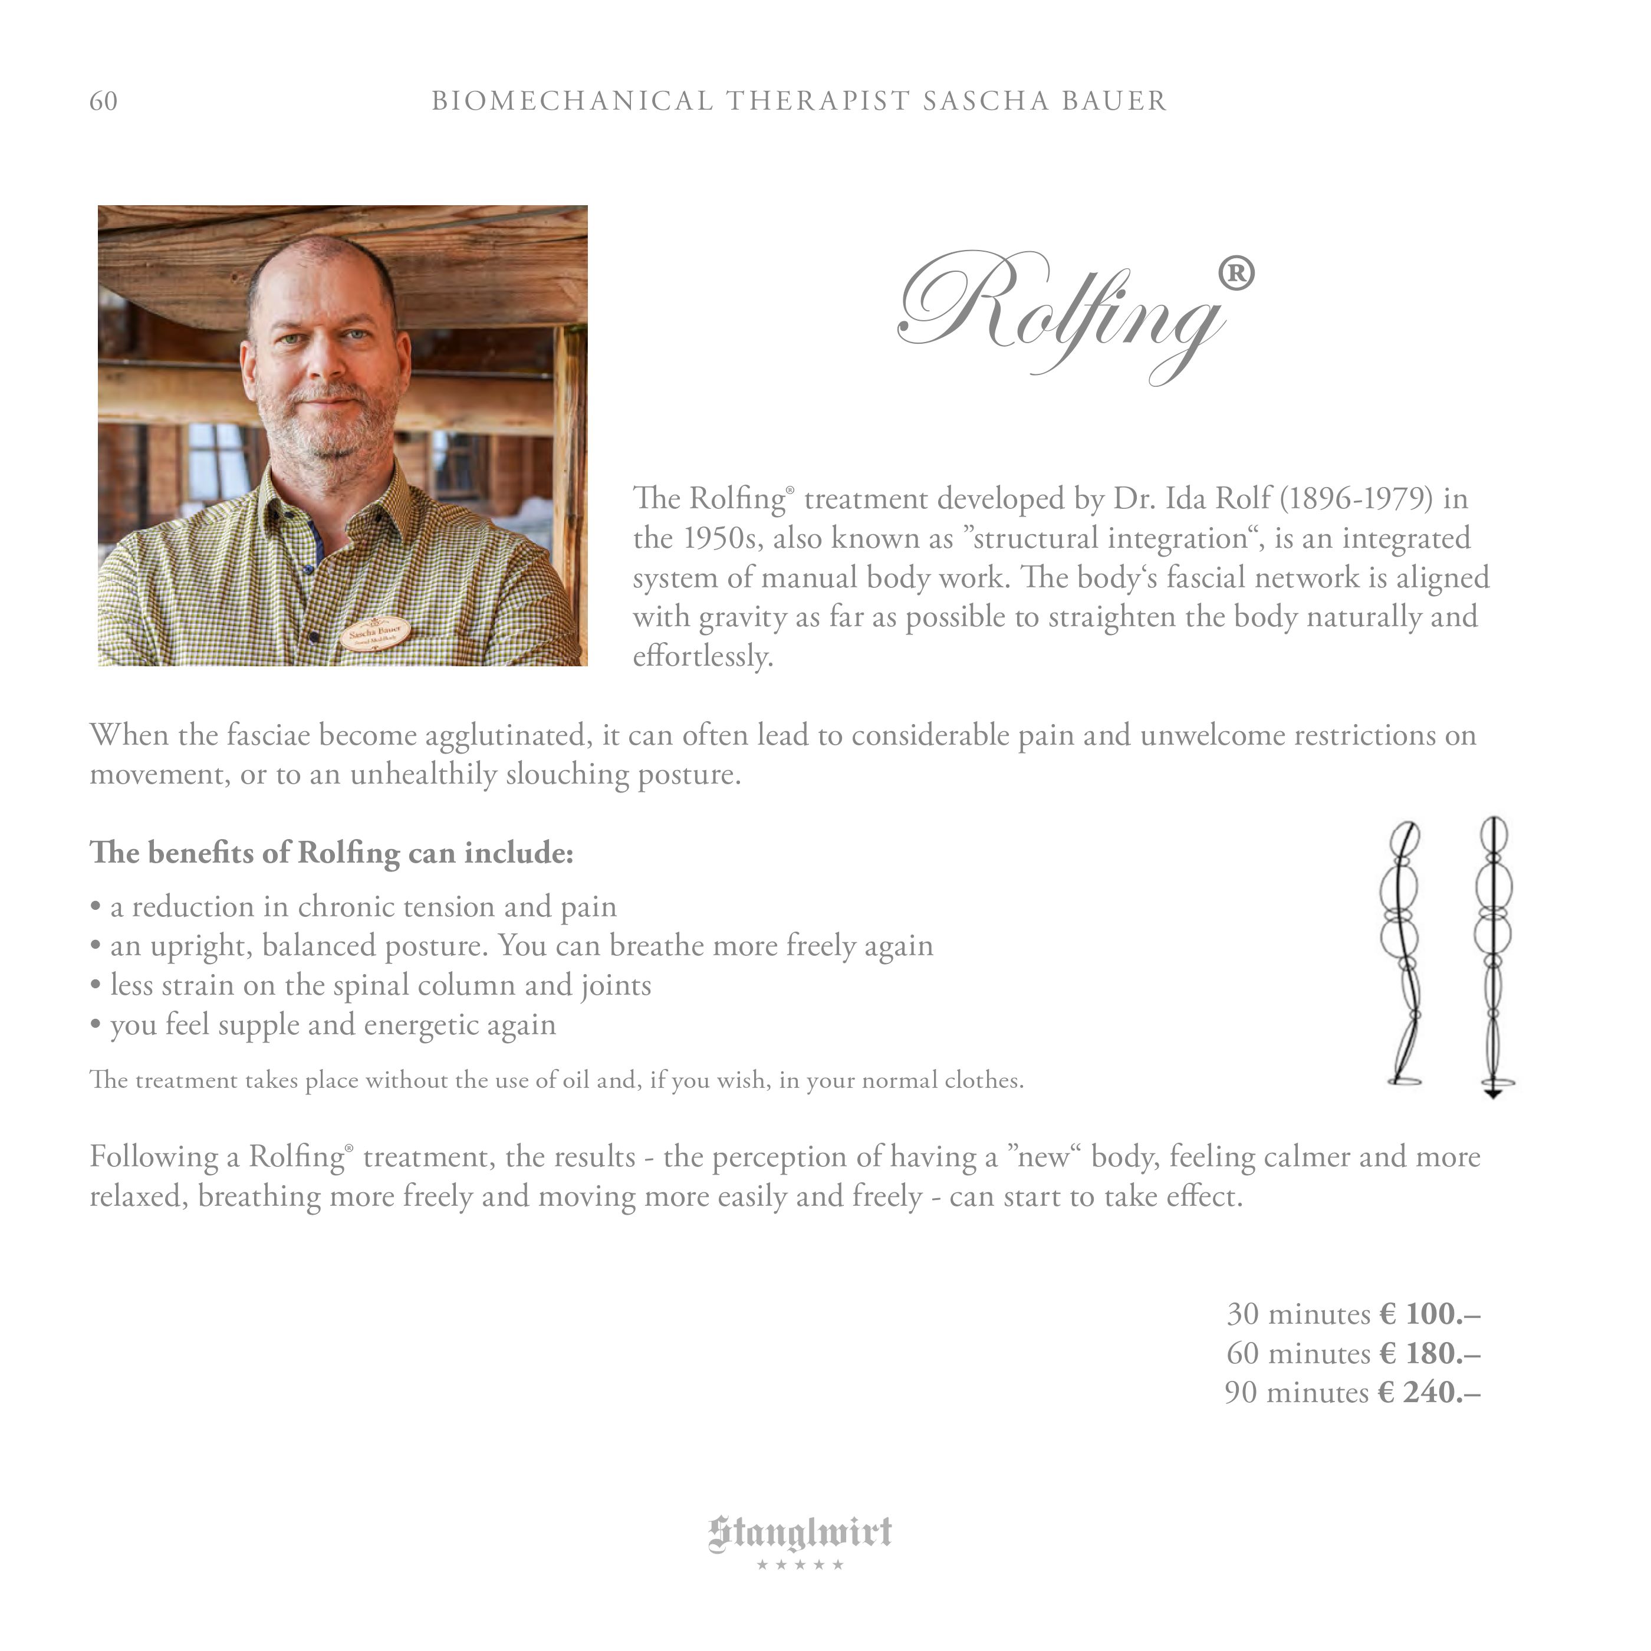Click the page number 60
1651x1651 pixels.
point(103,101)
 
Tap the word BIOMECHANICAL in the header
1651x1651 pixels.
point(572,101)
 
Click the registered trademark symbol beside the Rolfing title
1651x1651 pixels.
point(1236,274)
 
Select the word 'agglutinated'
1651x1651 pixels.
point(508,735)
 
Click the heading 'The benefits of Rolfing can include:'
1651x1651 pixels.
point(331,853)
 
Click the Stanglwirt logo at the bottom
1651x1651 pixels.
point(800,1533)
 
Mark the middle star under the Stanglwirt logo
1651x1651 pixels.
point(800,1565)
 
